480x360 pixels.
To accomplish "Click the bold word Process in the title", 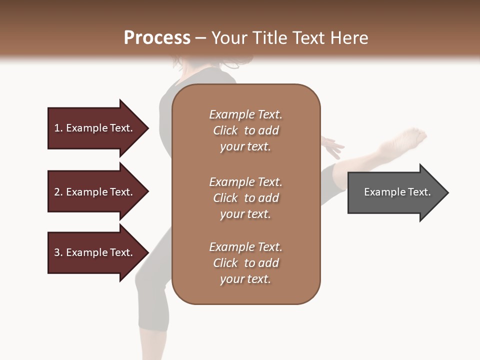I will (157, 38).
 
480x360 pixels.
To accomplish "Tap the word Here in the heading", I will (350, 38).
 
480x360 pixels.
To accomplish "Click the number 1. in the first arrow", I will (58, 128).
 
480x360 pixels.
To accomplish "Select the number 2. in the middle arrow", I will (58, 192).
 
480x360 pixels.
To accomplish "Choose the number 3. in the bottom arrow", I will (58, 252).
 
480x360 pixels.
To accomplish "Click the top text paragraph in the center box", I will (245, 130).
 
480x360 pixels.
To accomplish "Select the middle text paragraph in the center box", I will (245, 197).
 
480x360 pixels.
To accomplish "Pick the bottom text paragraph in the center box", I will (245, 263).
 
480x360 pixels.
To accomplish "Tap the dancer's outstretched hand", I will (332, 146).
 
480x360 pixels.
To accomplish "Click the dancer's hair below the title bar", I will (235, 62).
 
